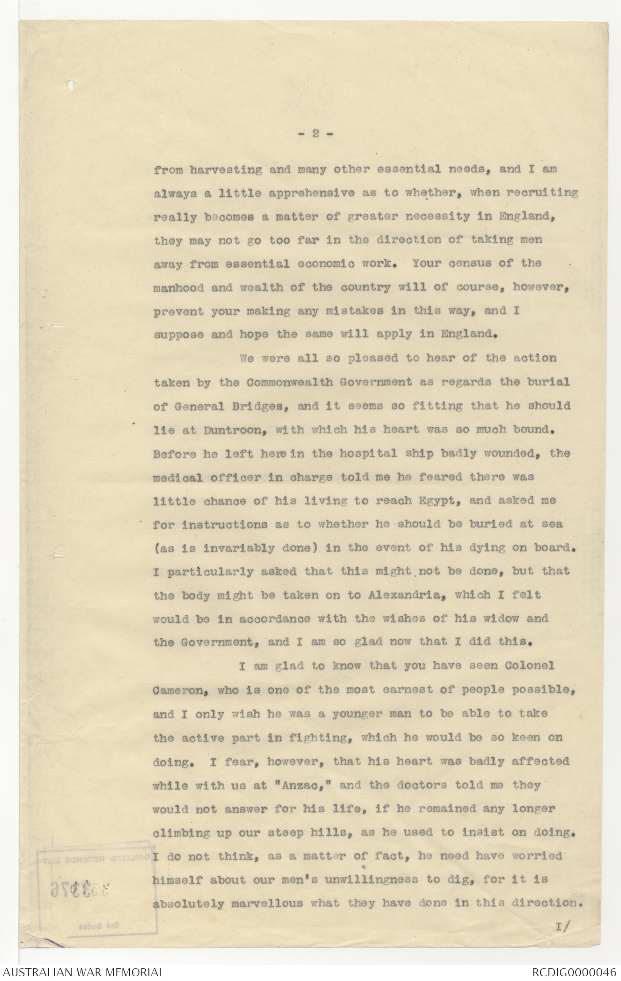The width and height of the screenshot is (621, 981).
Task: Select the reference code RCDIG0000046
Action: (x=574, y=972)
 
